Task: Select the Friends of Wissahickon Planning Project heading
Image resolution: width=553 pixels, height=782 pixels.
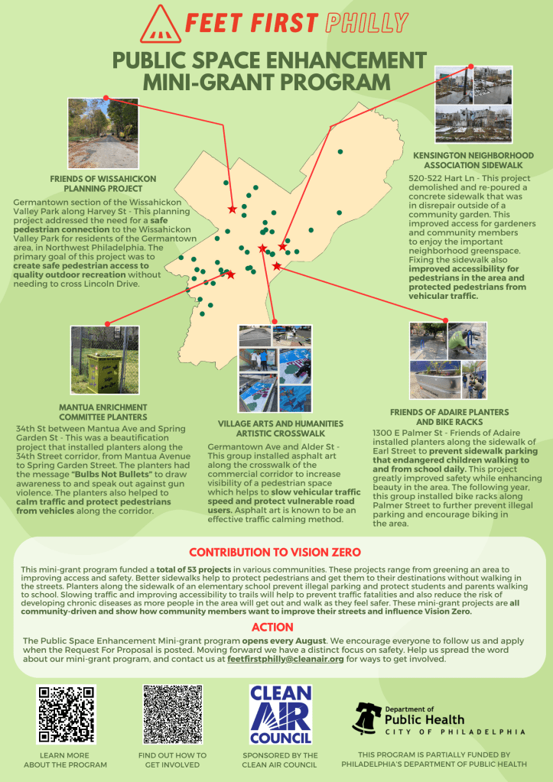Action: (103, 183)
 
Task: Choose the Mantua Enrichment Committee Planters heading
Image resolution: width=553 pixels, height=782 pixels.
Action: (103, 412)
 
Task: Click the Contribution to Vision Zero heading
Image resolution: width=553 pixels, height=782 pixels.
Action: (275, 552)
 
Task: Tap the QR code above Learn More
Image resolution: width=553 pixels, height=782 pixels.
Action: (67, 714)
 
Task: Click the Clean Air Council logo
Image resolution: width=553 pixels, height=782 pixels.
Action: (280, 714)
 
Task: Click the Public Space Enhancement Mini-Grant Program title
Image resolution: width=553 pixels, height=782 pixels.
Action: (275, 70)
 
